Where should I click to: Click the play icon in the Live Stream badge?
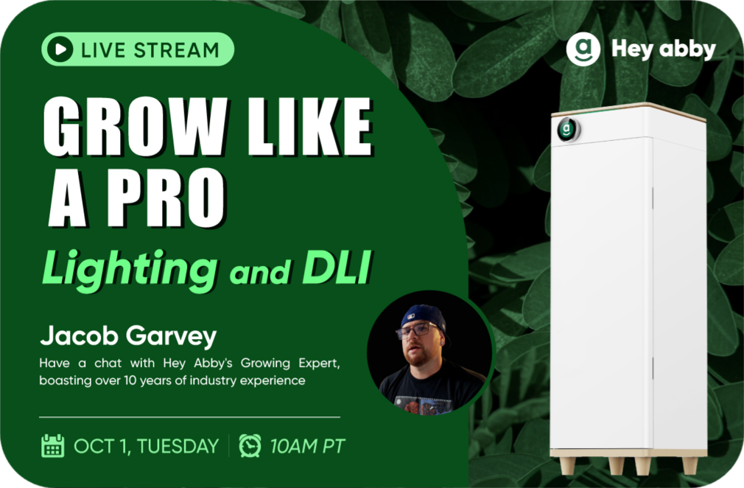pos(60,49)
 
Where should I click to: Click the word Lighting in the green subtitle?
pos(130,268)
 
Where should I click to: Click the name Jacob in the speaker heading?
pos(80,335)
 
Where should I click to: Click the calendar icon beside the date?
pos(52,446)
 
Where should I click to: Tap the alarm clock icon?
pos(250,446)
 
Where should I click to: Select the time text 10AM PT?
pos(307,446)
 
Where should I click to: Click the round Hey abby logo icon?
pos(583,49)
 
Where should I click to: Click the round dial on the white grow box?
pos(567,129)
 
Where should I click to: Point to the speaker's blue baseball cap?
pos(424,317)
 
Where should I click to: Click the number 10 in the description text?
pos(130,380)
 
